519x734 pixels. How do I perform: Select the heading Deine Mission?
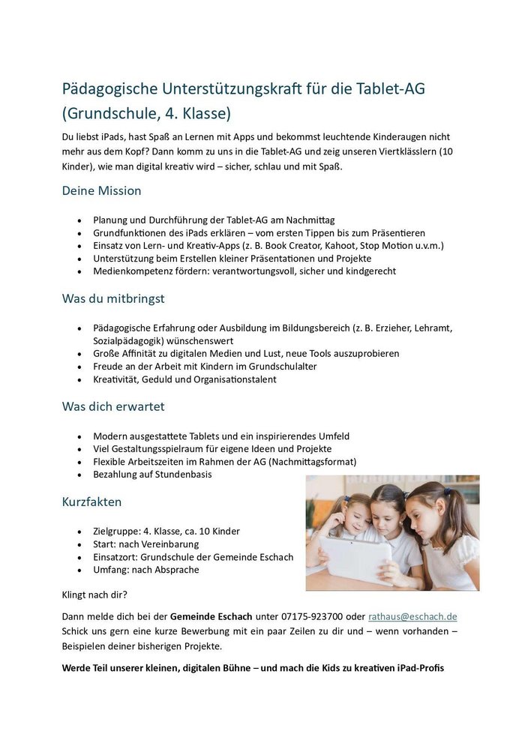[101, 190]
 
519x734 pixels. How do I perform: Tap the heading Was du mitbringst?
[113, 298]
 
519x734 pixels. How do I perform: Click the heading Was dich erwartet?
[113, 406]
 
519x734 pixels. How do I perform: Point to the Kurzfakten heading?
[91, 502]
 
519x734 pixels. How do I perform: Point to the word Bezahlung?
[117, 474]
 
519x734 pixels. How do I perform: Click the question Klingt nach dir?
[94, 596]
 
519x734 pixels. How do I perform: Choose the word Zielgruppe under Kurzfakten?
[115, 531]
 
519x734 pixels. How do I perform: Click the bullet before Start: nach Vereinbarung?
[79, 544]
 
